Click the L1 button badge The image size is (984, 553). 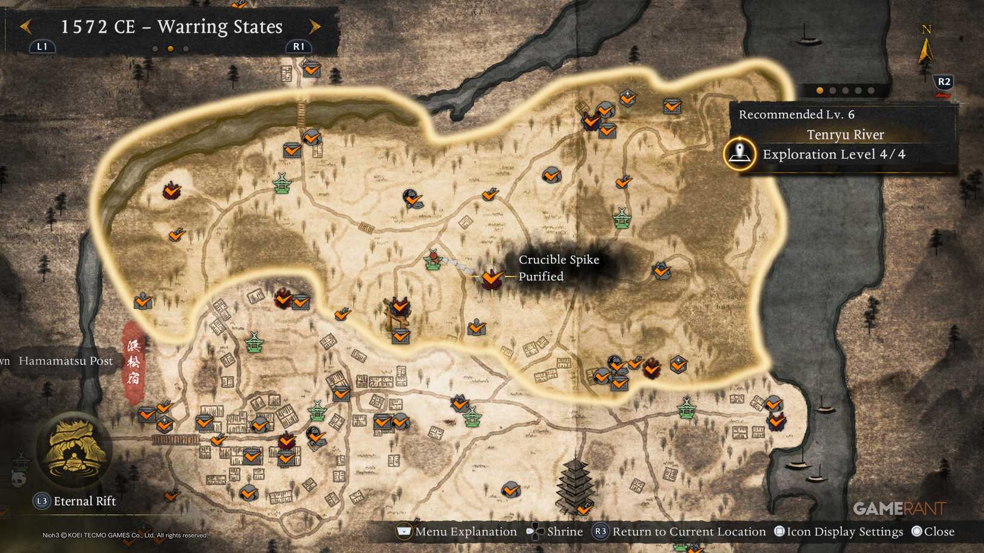42,46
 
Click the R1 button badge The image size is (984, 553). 298,46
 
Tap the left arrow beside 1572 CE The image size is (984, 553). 26,27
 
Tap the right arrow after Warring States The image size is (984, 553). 315,27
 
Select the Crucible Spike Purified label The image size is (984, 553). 558,268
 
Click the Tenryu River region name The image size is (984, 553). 845,135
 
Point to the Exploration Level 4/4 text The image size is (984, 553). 834,154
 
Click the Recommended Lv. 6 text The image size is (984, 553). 796,114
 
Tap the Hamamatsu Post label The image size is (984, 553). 66,361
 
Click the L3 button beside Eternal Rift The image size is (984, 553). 41,501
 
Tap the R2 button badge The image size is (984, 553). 943,82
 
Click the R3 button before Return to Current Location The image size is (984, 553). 600,532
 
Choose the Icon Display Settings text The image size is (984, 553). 844,532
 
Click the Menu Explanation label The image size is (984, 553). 466,532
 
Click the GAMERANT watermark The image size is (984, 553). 899,508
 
